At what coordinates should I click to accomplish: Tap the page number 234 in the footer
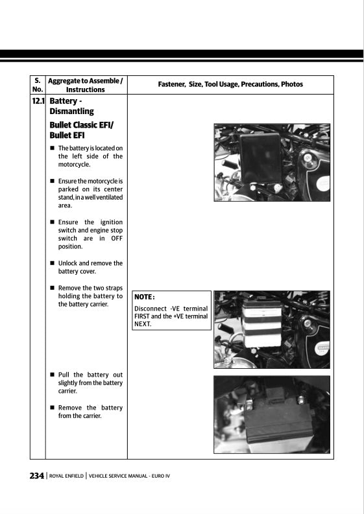[x=36, y=475]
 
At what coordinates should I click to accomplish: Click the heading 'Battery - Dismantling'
[x=71, y=106]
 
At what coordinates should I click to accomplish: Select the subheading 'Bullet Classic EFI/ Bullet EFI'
[x=72, y=130]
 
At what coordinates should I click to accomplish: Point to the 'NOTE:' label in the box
[x=145, y=297]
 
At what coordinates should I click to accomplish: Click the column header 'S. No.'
[x=38, y=85]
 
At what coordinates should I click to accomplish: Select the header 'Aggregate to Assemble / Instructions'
[x=86, y=85]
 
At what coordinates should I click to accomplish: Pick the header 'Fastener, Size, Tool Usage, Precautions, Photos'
[x=230, y=84]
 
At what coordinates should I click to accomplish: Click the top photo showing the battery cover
[x=271, y=162]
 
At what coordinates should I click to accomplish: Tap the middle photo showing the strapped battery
[x=271, y=329]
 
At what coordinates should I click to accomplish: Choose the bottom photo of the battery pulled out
[x=271, y=414]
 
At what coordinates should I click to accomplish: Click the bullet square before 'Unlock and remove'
[x=52, y=264]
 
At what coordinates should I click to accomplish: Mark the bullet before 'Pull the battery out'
[x=52, y=375]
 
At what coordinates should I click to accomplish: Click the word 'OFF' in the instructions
[x=116, y=239]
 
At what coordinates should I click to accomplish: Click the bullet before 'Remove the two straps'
[x=52, y=288]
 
